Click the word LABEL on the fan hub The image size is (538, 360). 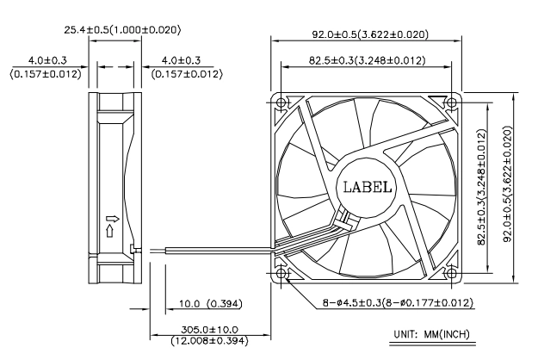tap(368, 187)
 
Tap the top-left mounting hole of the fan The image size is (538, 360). tap(281, 102)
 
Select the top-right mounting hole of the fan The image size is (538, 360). tap(451, 102)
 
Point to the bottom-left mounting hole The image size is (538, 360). tap(281, 273)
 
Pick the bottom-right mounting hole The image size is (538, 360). tap(451, 273)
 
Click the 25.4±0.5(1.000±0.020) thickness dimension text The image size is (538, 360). tap(122, 30)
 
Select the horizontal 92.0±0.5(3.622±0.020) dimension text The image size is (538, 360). tap(370, 34)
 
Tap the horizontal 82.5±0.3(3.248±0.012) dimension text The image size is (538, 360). tap(367, 60)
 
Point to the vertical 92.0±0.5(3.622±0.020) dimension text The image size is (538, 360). tap(508, 184)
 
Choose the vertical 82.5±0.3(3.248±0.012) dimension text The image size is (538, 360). tap(482, 187)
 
